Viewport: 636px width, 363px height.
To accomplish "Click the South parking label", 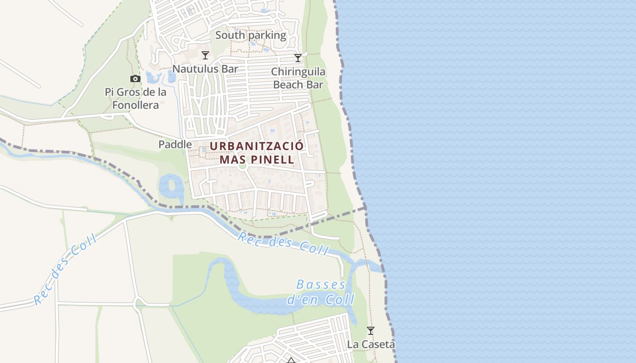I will (x=251, y=35).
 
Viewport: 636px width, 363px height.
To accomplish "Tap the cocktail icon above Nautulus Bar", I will (x=205, y=55).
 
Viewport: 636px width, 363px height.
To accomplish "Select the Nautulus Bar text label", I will (x=205, y=69).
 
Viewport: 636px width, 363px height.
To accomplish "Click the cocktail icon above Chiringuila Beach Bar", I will (x=298, y=58).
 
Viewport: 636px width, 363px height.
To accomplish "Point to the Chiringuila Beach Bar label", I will (x=298, y=78).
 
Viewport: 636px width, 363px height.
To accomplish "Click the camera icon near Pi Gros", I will (x=135, y=79).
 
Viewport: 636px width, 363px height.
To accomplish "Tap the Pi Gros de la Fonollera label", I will (x=135, y=98).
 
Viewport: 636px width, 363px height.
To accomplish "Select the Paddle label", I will (x=175, y=144).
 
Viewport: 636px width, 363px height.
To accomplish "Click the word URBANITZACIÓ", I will (x=256, y=146).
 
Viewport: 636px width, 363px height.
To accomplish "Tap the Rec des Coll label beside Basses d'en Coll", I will (x=283, y=244).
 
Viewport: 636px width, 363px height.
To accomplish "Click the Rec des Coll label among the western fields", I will (x=65, y=270).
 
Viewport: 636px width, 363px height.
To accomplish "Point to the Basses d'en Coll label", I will (x=321, y=292).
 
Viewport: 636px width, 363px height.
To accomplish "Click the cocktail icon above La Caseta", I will (x=371, y=331).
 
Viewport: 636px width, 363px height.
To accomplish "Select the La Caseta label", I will (x=371, y=344).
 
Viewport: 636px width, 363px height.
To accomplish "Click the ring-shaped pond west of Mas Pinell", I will (x=171, y=186).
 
